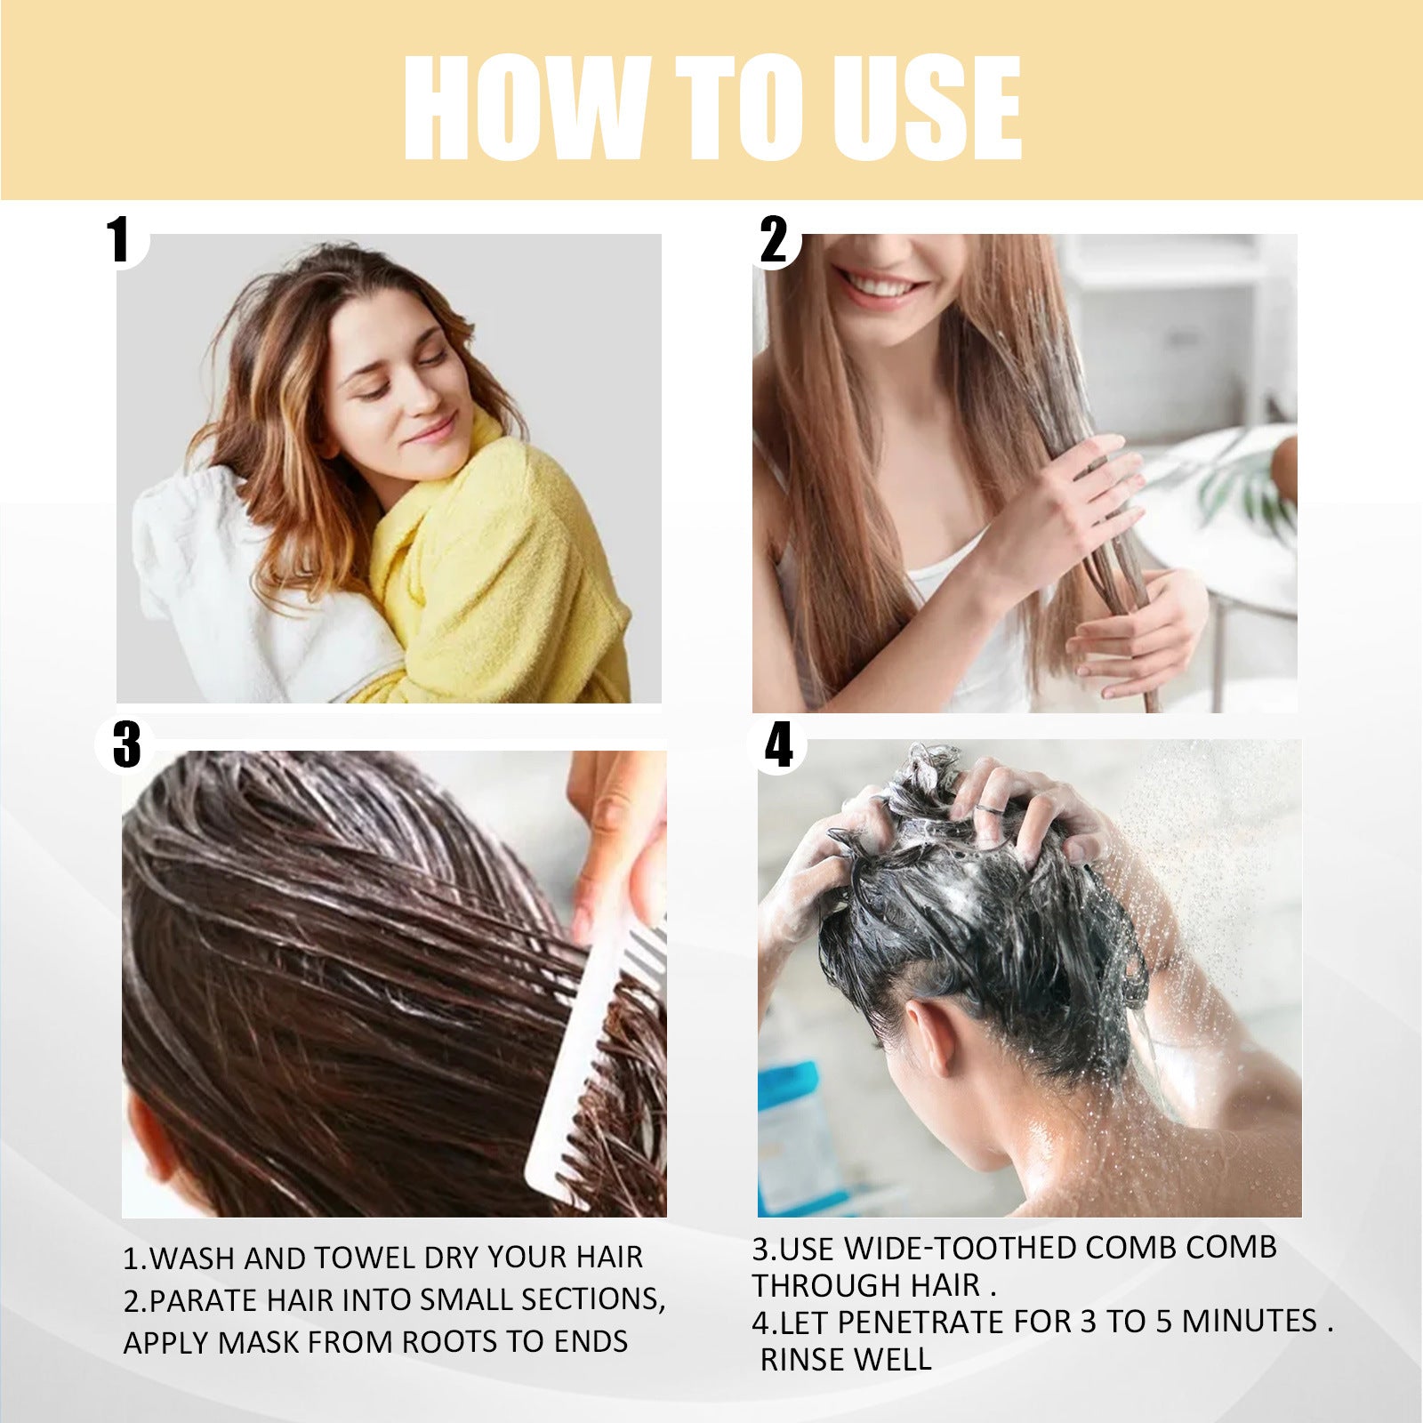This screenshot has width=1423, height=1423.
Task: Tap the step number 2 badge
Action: pos(774,239)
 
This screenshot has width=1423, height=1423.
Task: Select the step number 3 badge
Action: pos(126,744)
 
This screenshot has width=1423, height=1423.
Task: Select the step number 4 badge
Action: pos(778,744)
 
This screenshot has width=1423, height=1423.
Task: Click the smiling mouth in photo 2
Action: pos(876,286)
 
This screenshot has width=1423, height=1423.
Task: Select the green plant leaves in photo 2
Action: pos(1245,489)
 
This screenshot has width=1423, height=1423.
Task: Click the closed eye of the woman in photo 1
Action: pos(433,358)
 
